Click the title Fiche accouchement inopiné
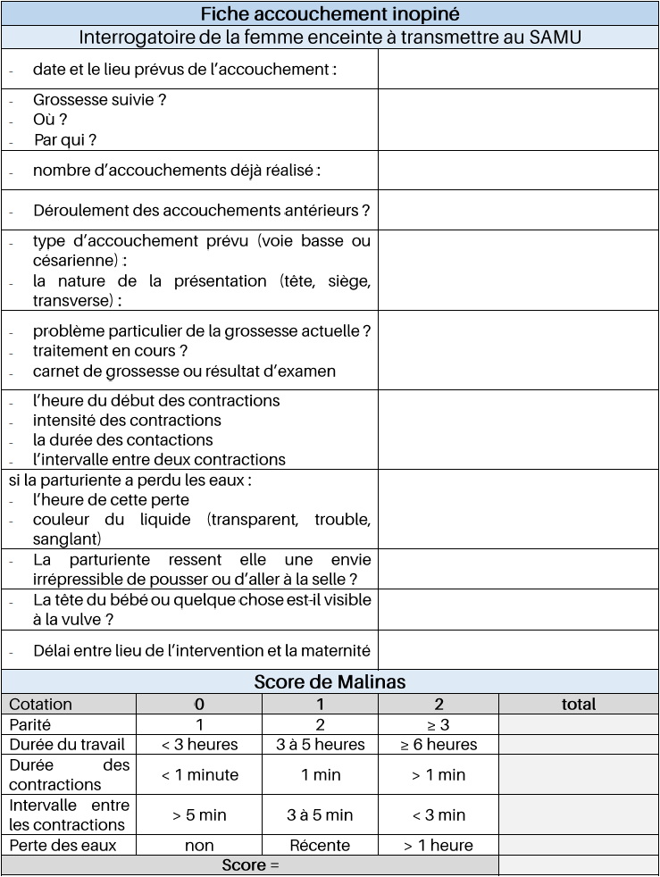click(x=330, y=14)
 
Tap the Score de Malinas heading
click(x=330, y=682)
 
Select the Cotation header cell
click(x=41, y=705)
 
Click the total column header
click(x=578, y=705)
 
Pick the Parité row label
click(x=31, y=724)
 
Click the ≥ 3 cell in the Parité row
click(x=438, y=724)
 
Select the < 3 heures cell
click(x=199, y=744)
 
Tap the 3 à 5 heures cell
click(x=320, y=744)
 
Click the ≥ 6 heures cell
click(x=438, y=744)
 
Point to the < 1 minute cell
click(x=199, y=774)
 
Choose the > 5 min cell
click(x=199, y=814)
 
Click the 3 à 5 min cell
click(x=320, y=814)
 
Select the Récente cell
click(x=320, y=845)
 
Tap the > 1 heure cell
click(x=438, y=845)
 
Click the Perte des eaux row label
click(x=63, y=845)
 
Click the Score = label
click(x=249, y=865)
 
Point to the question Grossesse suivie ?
click(x=100, y=100)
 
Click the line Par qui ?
click(x=65, y=139)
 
